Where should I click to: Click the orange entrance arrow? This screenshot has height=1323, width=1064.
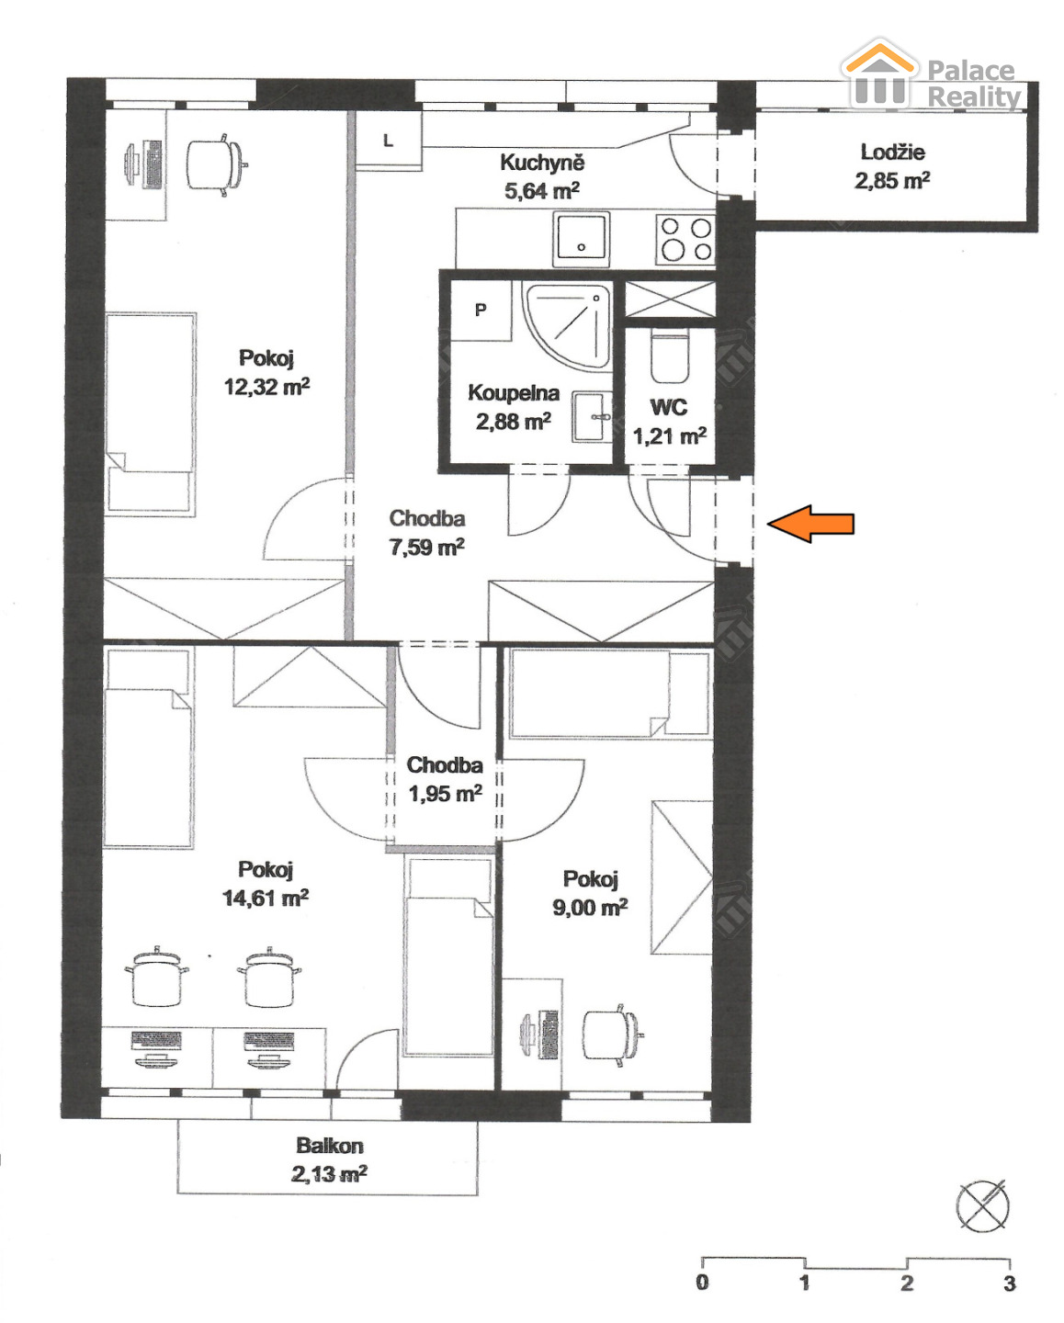(810, 524)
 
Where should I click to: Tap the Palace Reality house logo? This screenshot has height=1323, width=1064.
(880, 73)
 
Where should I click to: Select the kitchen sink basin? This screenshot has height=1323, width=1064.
(582, 239)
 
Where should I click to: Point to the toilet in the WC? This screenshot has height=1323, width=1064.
(670, 356)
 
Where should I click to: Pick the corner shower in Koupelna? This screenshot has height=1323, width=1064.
(568, 325)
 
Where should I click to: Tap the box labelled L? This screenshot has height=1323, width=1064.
(389, 141)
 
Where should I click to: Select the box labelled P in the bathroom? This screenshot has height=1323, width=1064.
(481, 311)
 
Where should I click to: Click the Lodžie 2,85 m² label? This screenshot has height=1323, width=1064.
(892, 166)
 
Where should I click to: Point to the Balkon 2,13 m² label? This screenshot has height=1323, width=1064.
(330, 1159)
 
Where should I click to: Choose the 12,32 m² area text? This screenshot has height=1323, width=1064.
(266, 387)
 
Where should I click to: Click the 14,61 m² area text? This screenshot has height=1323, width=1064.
(265, 899)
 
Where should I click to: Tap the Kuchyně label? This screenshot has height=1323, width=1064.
(542, 163)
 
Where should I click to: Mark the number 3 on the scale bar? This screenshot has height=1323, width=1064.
(1009, 1283)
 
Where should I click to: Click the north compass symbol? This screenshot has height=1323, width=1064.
(983, 1205)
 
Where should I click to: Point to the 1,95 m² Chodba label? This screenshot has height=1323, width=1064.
(445, 779)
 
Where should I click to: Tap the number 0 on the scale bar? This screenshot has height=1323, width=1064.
(702, 1283)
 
